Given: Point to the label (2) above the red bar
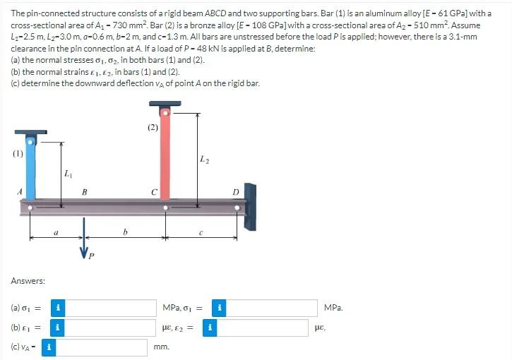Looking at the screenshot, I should tap(153, 128).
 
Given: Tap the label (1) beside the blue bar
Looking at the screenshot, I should tap(17, 152).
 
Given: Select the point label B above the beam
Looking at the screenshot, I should tap(84, 191).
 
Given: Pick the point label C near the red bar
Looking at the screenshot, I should tap(153, 191).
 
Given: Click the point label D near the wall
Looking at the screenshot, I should tap(237, 191).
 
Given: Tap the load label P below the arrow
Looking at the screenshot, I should tap(90, 256).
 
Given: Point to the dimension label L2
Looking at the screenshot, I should tap(205, 161).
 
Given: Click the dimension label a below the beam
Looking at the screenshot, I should tap(56, 229).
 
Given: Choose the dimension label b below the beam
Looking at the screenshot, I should tap(125, 229).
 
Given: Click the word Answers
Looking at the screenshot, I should tap(28, 281).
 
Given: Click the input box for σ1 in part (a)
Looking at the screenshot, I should tap(112, 308).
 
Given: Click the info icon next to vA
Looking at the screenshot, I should tap(48, 347).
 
